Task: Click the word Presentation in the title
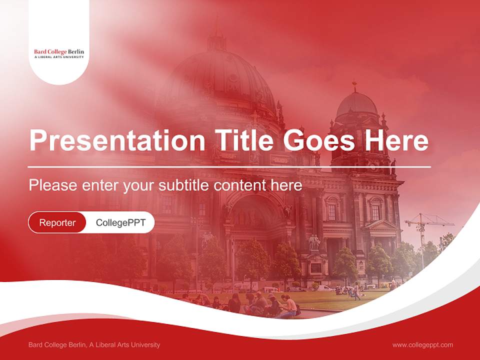click(x=117, y=140)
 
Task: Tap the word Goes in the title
click(x=318, y=140)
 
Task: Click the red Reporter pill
click(x=57, y=222)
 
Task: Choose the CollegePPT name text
click(x=120, y=222)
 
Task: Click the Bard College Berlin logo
click(x=59, y=53)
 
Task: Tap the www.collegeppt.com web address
click(x=422, y=345)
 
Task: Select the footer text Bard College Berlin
click(x=57, y=344)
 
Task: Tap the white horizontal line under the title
click(x=229, y=167)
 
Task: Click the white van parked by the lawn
click(x=324, y=288)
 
